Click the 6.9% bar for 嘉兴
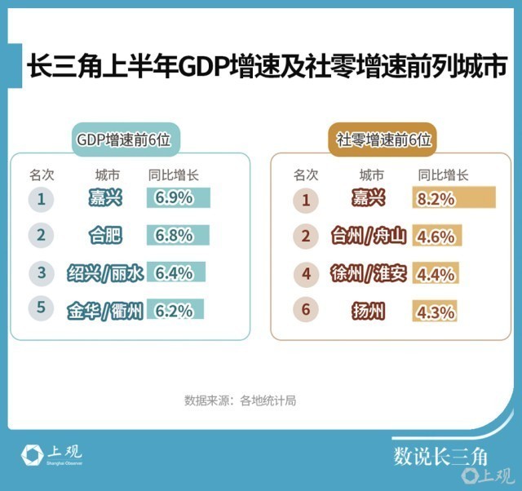coord(179,197)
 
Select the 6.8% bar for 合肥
coord(178,235)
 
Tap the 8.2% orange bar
coord(453,197)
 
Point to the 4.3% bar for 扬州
coord(435,311)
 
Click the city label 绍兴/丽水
coord(105,273)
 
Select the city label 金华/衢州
coord(105,311)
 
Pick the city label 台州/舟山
coord(369,236)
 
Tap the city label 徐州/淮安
coord(369,273)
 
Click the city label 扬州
coord(369,312)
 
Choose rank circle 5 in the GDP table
coord(41,307)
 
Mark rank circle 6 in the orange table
coord(306,309)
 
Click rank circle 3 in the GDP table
coord(42,273)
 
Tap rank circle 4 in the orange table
coord(307,274)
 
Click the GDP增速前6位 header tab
coord(126,139)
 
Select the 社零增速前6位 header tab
coord(383,139)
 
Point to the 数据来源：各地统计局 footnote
coord(240,400)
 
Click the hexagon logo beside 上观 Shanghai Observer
coord(32,455)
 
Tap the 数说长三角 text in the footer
coord(440,457)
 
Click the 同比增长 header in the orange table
coord(443,175)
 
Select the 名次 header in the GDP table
coord(42,175)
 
